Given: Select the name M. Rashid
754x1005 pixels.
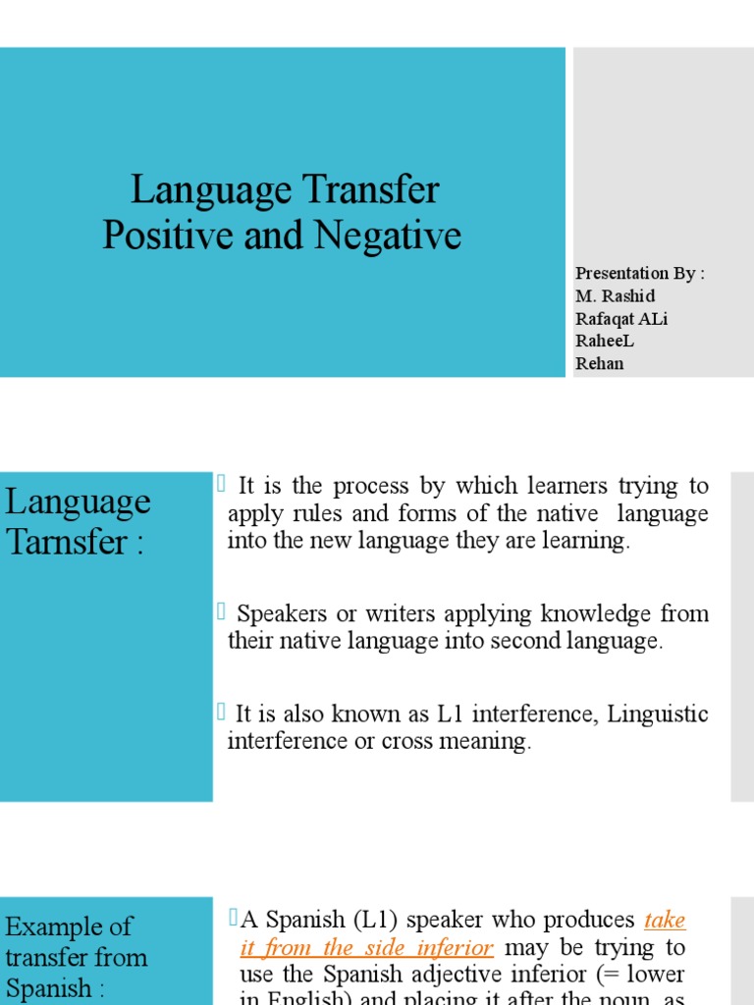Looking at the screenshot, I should pyautogui.click(x=616, y=295).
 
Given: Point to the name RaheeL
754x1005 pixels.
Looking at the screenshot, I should pyautogui.click(x=605, y=341).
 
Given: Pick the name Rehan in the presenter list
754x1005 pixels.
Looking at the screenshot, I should pyautogui.click(x=600, y=363).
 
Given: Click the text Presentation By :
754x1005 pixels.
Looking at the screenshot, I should pyautogui.click(x=640, y=273).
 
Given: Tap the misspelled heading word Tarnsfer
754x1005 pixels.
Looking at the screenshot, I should pyautogui.click(x=66, y=542).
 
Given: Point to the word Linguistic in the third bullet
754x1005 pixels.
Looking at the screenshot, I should pyautogui.click(x=658, y=714).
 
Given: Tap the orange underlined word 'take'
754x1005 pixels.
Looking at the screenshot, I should pyautogui.click(x=665, y=921).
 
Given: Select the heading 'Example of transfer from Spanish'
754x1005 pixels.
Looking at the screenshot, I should pyautogui.click(x=77, y=957).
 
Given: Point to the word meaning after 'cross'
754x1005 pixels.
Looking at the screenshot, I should pyautogui.click(x=485, y=742).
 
